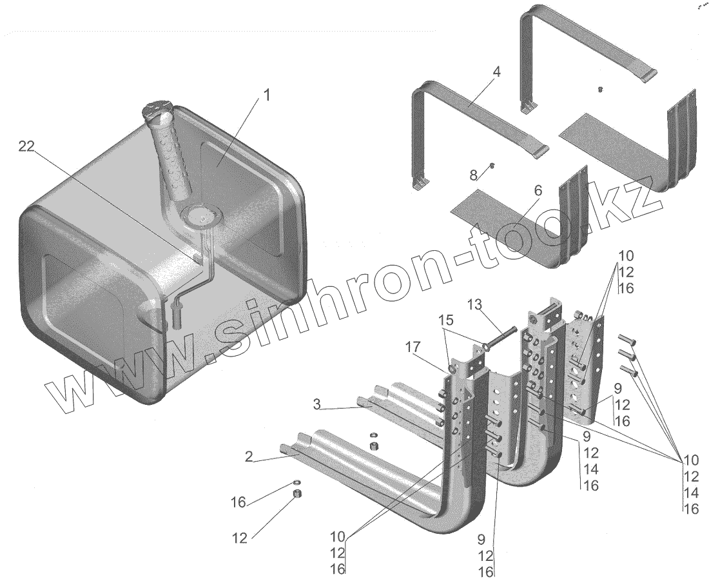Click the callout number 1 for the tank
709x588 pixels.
(266, 95)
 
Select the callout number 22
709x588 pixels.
(26, 147)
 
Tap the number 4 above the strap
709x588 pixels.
(496, 71)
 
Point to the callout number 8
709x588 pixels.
(474, 175)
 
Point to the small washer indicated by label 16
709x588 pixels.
(296, 482)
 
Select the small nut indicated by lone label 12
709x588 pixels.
(298, 494)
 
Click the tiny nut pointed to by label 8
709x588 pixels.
(492, 166)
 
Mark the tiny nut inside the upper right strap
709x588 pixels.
(599, 89)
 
